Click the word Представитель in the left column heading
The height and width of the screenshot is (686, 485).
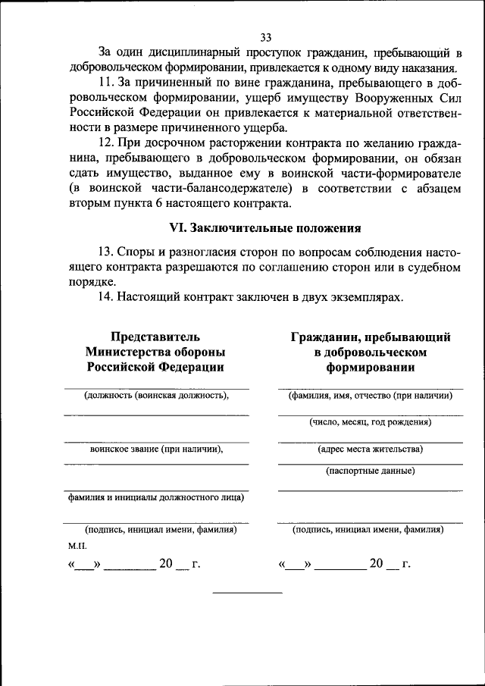[x=155, y=336]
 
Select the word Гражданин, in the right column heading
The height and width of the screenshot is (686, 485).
[x=327, y=336]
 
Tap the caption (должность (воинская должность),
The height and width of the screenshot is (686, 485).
[x=156, y=395]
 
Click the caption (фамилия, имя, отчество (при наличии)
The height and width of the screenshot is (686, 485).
[x=370, y=395]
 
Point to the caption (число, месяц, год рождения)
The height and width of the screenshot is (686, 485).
[x=370, y=421]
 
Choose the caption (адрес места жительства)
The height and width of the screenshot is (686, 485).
[x=370, y=449]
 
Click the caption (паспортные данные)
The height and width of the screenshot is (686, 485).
[x=370, y=471]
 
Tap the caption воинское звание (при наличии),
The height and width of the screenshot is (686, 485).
[x=156, y=449]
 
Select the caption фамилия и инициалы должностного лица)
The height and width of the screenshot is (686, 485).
[x=156, y=498]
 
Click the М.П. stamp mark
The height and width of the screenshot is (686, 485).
[x=77, y=545]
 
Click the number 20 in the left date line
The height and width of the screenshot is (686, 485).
[x=166, y=564]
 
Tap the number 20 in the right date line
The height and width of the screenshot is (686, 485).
[x=377, y=564]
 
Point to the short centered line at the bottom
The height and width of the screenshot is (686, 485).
[x=247, y=591]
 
